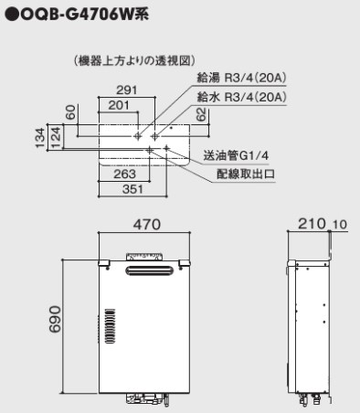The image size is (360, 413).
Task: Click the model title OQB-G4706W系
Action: [x=85, y=15]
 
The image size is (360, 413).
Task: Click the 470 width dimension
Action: [x=146, y=225]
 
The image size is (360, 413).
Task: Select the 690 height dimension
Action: [x=55, y=319]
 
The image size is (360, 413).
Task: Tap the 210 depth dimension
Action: [x=312, y=224]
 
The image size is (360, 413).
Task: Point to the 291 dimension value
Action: [x=127, y=90]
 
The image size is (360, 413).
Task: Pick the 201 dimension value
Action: [x=119, y=105]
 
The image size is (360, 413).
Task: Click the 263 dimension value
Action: [x=124, y=175]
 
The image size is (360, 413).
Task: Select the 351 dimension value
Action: [x=132, y=189]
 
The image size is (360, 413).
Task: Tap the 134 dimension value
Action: [x=40, y=138]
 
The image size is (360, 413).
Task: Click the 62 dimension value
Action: [x=201, y=115]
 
